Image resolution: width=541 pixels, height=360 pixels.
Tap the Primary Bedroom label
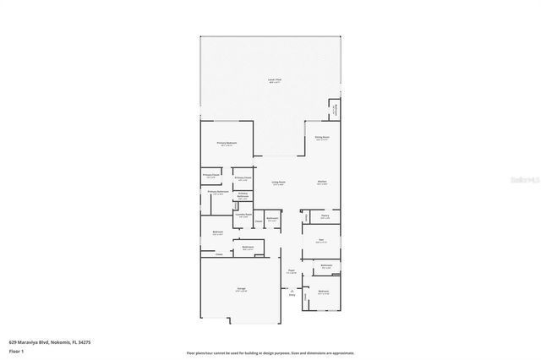point(226,143)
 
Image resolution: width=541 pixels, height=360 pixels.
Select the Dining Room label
point(322,136)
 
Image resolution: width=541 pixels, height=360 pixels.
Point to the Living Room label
point(278,183)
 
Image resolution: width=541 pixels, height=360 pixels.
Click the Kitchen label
point(322,183)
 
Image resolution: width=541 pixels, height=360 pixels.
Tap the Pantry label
point(325,215)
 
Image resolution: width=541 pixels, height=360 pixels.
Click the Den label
point(322,241)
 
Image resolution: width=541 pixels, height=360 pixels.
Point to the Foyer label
point(291,271)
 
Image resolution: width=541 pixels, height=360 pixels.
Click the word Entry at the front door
point(292,295)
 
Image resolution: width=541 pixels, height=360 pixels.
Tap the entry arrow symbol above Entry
point(292,290)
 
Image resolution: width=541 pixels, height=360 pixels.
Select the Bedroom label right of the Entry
point(322,292)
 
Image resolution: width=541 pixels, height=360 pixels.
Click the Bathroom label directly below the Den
point(326,265)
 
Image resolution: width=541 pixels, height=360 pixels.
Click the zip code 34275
point(85,342)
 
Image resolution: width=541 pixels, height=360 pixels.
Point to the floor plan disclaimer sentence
point(270,353)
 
